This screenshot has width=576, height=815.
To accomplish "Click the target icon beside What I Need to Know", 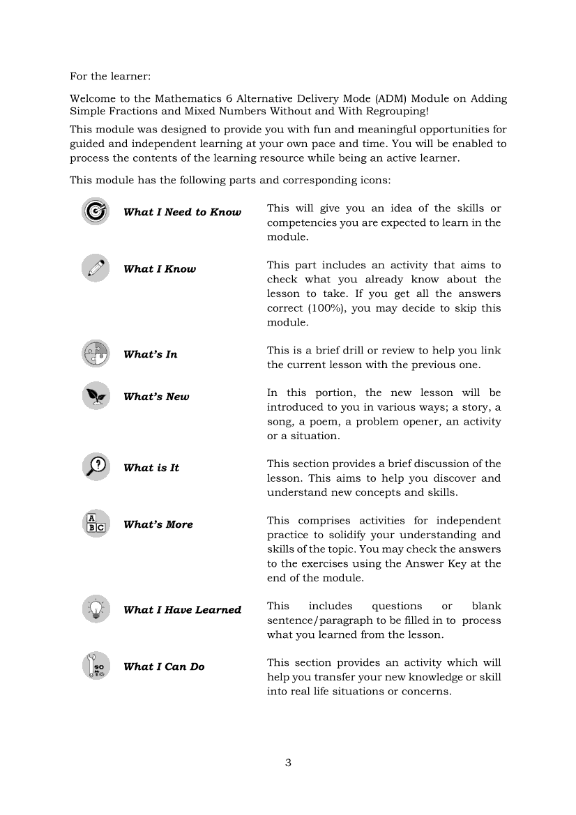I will (x=95, y=211).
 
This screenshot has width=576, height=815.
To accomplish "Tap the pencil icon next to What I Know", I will (x=95, y=268).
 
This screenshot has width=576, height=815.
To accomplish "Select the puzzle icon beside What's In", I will (x=95, y=353).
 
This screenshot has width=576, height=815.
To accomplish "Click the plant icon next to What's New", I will (x=95, y=396).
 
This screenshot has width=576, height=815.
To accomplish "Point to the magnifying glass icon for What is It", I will (x=95, y=466).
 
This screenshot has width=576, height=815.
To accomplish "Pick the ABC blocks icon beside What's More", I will (x=95, y=524).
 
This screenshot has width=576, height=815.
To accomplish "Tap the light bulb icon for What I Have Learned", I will (x=95, y=609).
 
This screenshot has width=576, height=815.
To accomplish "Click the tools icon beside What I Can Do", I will (x=95, y=666).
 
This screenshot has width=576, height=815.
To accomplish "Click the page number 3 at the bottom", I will (x=288, y=762).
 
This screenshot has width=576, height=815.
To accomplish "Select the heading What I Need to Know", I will (x=182, y=212).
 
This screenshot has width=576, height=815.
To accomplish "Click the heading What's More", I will (x=158, y=524).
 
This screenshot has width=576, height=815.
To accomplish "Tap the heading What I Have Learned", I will (x=182, y=609).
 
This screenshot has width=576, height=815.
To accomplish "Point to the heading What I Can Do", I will (x=164, y=667).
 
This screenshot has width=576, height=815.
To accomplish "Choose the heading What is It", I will (x=151, y=468).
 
